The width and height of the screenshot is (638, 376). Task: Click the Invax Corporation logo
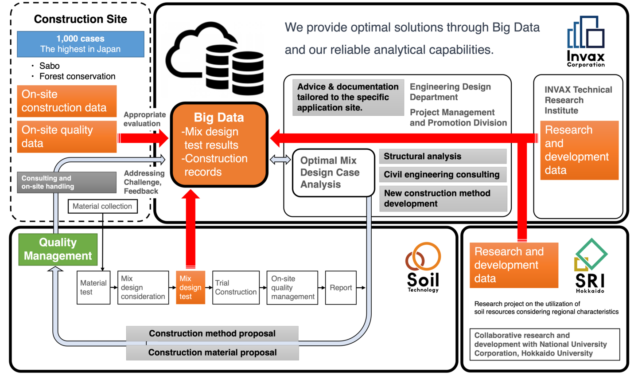click(x=586, y=41)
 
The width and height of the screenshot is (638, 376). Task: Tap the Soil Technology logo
click(x=423, y=267)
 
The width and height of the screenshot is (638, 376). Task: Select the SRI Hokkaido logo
click(x=590, y=266)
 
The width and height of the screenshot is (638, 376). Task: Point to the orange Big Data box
click(x=219, y=145)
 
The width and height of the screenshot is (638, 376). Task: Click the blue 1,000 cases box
click(x=81, y=44)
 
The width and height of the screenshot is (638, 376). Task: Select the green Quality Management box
click(x=58, y=249)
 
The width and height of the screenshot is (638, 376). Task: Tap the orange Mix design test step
click(x=191, y=287)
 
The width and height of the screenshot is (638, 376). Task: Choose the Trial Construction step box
click(x=236, y=287)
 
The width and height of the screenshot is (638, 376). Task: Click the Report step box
click(x=341, y=288)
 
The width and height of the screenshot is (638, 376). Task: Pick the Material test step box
click(x=93, y=288)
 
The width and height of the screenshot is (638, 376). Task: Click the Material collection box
click(x=102, y=206)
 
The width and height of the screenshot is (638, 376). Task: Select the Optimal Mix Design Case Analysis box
click(x=333, y=172)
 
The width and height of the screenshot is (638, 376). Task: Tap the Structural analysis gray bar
click(x=443, y=157)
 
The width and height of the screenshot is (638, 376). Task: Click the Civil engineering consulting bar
click(x=443, y=175)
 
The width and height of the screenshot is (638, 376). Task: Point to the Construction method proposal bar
click(x=212, y=333)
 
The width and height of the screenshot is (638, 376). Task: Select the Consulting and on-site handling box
click(x=66, y=182)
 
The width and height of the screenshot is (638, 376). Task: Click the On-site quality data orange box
click(x=67, y=137)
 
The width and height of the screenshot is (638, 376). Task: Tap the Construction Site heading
click(x=81, y=19)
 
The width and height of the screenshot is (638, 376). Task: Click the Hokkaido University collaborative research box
click(x=545, y=345)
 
